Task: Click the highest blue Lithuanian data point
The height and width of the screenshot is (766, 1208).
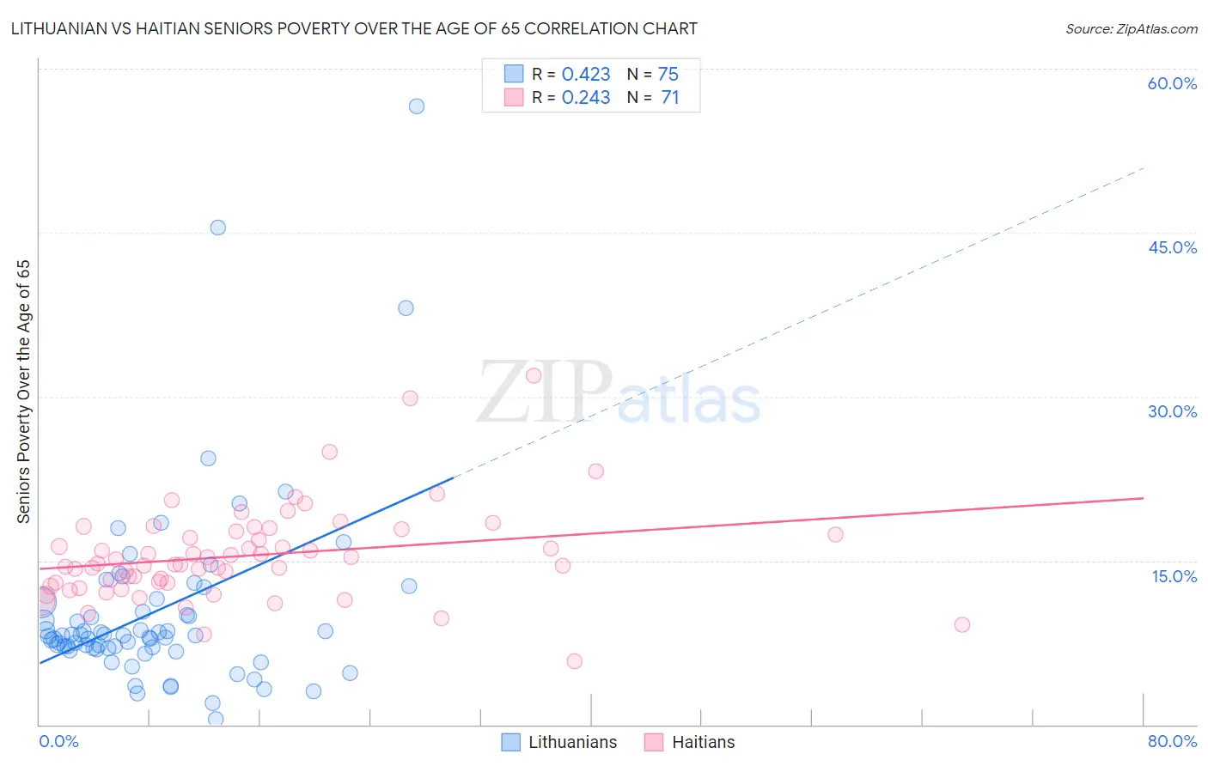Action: (417, 106)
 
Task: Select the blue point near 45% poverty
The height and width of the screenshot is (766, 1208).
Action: (218, 228)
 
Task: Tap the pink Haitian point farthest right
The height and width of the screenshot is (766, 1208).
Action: (962, 624)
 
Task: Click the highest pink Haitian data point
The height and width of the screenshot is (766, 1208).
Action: (534, 375)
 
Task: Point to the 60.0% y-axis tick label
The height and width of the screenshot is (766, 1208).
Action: (1172, 83)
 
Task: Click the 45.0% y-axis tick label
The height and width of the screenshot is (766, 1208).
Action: (1172, 247)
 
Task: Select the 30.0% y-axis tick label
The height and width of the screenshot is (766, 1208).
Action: (1172, 411)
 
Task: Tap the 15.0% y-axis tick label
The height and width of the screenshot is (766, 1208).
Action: (1174, 576)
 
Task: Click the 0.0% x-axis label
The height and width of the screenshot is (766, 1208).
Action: (58, 741)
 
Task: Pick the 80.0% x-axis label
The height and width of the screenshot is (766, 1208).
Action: (1172, 741)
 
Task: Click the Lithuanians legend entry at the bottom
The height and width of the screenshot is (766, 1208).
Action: (559, 742)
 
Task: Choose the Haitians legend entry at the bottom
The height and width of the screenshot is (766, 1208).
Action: (690, 742)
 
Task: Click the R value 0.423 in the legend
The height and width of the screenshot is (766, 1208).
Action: (586, 75)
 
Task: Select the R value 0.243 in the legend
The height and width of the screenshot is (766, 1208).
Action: (586, 98)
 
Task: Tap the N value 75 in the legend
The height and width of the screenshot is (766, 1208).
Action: (668, 75)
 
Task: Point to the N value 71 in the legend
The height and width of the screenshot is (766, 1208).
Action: (669, 98)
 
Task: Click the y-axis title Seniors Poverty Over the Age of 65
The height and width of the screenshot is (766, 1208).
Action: (23, 391)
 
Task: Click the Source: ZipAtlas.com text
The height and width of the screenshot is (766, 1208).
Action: (1131, 28)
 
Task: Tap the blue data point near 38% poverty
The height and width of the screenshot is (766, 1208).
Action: (406, 307)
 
